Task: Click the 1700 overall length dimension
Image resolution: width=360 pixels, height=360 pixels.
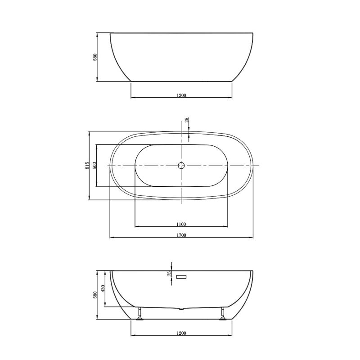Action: coord(181,234)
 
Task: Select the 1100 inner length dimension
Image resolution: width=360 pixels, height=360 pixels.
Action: coord(181,223)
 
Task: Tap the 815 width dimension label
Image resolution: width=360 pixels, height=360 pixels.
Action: coord(87,166)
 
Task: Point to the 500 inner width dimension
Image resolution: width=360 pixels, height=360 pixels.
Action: coord(94,166)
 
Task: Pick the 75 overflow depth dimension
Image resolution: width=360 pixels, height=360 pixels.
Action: coord(169,275)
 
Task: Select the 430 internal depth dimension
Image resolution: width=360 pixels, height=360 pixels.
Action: coord(103,288)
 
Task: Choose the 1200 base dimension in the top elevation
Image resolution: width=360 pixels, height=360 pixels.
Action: coord(181,95)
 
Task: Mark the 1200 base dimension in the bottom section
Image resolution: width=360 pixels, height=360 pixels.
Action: coord(181,333)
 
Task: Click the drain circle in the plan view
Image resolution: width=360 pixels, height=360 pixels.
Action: coord(181,166)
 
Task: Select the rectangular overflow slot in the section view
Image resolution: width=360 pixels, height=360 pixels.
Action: coord(181,276)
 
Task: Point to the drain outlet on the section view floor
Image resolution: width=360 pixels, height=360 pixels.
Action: coord(181,309)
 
